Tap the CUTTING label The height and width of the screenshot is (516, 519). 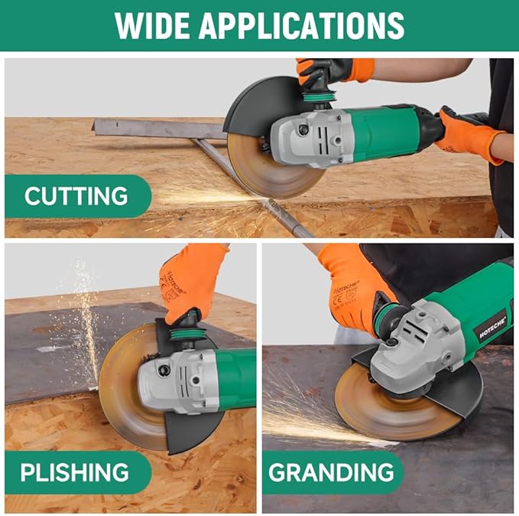(x=76, y=196)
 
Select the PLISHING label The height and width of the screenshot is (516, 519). (x=75, y=472)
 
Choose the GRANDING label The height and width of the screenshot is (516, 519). (x=331, y=472)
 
